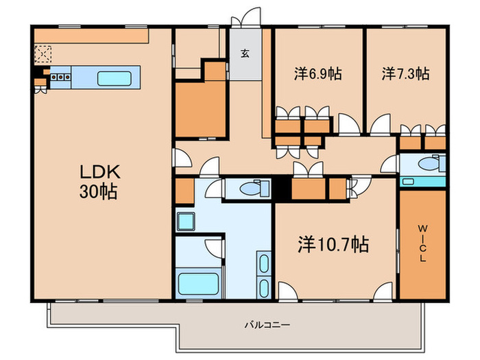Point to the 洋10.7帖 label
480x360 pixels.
(334, 243)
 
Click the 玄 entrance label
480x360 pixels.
(244, 53)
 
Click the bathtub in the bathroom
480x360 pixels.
(198, 283)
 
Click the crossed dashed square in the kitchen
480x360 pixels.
(43, 53)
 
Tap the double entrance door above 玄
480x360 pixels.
(245, 19)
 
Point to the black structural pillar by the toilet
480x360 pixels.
(281, 189)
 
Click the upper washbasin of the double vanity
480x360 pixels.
(264, 263)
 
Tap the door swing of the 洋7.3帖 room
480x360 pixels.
(379, 125)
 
